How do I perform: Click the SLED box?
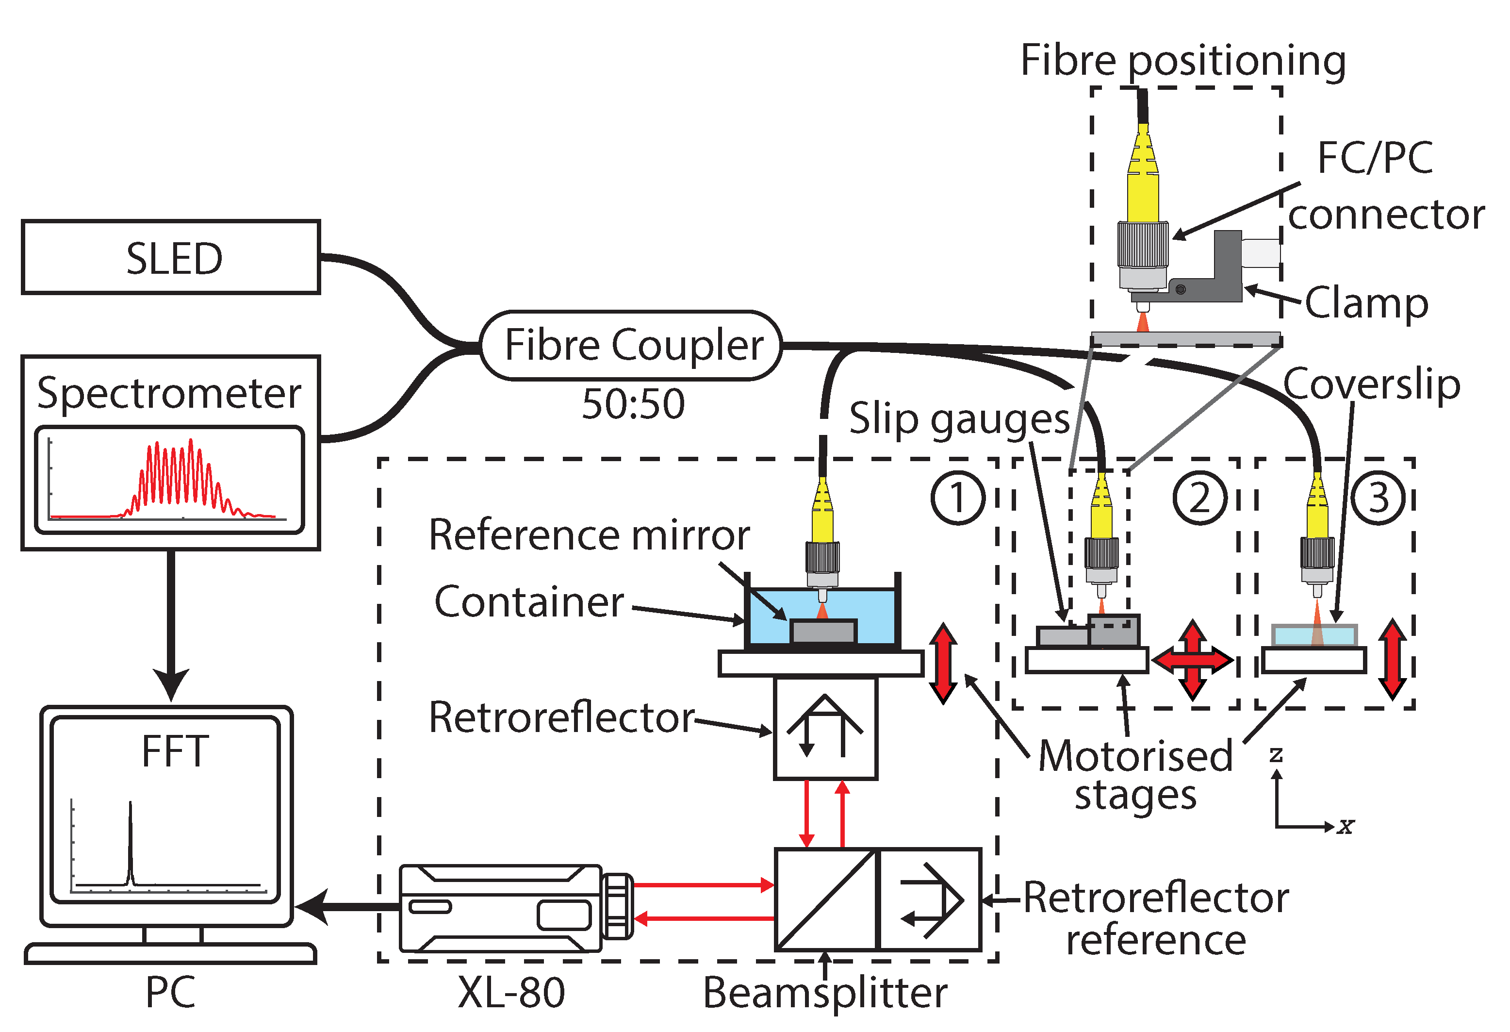(x=170, y=257)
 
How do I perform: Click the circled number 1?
(x=958, y=498)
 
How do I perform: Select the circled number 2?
(x=1199, y=498)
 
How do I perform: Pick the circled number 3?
(x=1378, y=498)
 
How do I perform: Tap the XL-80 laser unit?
(x=500, y=908)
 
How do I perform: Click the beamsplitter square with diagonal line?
(x=825, y=899)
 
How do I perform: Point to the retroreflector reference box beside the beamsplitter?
(x=929, y=899)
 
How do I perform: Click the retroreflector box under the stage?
(x=825, y=728)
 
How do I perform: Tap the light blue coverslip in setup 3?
(x=1314, y=635)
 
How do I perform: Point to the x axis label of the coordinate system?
(x=1346, y=827)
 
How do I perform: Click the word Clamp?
(x=1366, y=303)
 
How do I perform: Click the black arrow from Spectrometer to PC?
(x=171, y=624)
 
